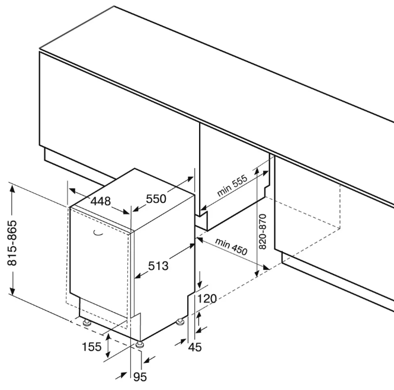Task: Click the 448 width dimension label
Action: [x=101, y=201]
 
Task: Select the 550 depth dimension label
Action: [x=156, y=199]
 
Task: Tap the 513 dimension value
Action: [x=158, y=266]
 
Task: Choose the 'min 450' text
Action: [x=231, y=246]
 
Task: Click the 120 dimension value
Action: [x=207, y=299]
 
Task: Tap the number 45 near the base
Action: [x=194, y=347]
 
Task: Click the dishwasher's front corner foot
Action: [x=140, y=344]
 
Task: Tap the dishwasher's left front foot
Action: [x=87, y=323]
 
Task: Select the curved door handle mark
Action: [x=97, y=233]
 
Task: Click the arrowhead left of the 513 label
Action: [x=137, y=275]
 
